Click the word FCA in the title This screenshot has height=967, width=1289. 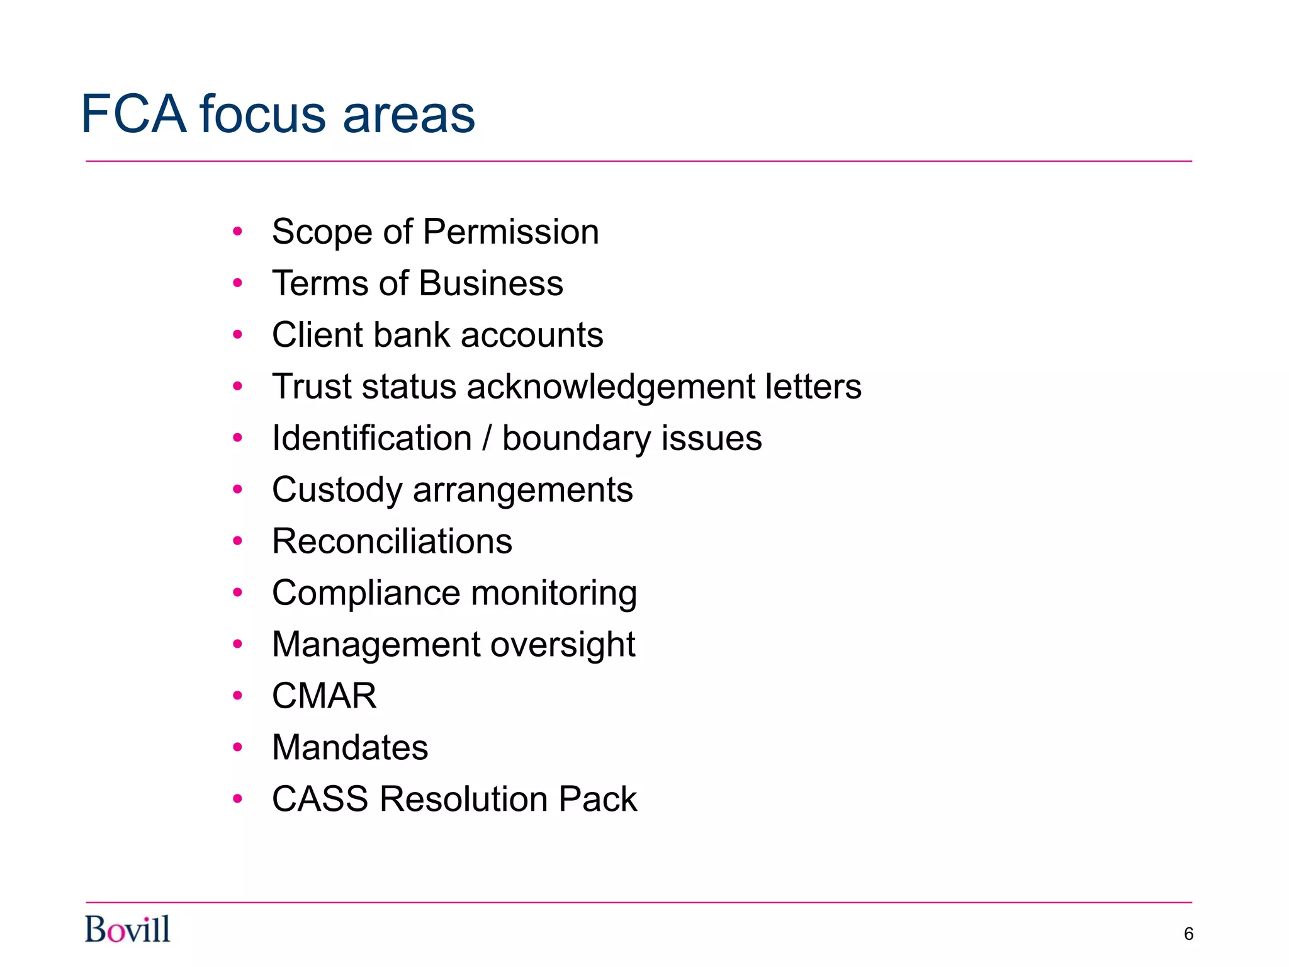tap(134, 115)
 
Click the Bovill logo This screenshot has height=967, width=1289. tap(128, 929)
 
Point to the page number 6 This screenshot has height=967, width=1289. tap(1188, 934)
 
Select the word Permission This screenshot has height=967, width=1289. tap(510, 232)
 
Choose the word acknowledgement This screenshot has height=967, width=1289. tap(611, 387)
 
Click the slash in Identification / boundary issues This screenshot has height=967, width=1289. tap(487, 438)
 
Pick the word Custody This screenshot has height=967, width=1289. tap(337, 490)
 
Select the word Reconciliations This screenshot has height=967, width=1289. tap(392, 541)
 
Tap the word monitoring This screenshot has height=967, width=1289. tap(554, 593)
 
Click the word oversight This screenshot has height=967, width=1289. tap(563, 645)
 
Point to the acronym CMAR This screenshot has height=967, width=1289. tap(324, 696)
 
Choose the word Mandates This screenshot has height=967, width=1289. tap(350, 748)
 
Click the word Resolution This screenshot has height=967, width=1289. tap(463, 800)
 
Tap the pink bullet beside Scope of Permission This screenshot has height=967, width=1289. tap(237, 232)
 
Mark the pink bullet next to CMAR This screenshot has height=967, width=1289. tap(237, 696)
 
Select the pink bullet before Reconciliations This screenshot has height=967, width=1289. tap(237, 541)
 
